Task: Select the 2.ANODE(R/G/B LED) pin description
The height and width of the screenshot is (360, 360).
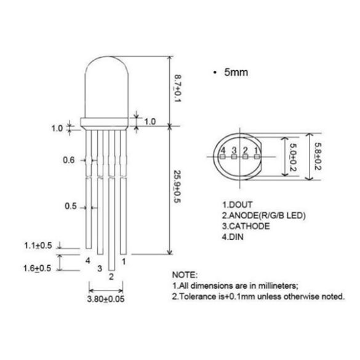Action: [264, 215]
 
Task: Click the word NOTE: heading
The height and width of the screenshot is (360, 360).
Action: [185, 274]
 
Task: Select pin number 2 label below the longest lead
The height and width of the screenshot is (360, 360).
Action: [111, 276]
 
